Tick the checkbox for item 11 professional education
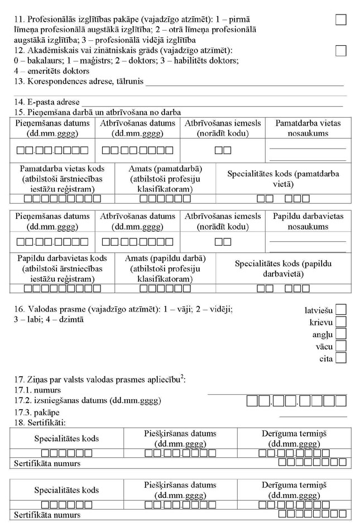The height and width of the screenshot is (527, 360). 340,20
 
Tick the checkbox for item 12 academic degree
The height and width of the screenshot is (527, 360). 340,51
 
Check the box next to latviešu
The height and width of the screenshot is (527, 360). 341,309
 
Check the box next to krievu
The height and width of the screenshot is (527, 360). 341,322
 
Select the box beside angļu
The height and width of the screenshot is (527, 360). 341,334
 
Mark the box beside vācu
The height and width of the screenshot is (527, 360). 341,346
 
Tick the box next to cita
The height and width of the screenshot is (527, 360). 341,358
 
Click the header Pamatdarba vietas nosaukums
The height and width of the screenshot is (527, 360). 308,128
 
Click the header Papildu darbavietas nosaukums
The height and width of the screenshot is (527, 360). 308,222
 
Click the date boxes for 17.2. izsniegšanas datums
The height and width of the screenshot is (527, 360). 296,401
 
